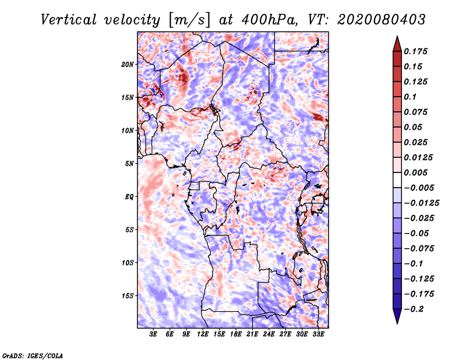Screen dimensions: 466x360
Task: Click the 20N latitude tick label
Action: (x=128, y=65)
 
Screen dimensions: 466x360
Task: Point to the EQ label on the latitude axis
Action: (x=129, y=197)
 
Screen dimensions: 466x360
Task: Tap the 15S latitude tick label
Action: (x=128, y=296)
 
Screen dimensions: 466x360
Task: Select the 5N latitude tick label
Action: (x=129, y=164)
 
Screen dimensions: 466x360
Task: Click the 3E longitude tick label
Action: (x=153, y=334)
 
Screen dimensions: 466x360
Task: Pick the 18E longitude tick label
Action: (x=236, y=334)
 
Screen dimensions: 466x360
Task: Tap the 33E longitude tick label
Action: (x=318, y=334)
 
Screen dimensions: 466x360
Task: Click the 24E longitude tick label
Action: (x=269, y=334)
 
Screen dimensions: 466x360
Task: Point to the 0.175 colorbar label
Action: (x=415, y=51)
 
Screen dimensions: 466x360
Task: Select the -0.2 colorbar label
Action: (x=414, y=309)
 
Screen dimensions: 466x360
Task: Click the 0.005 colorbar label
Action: (x=415, y=172)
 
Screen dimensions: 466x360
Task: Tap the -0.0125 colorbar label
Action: (x=421, y=203)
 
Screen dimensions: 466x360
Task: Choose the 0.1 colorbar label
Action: (x=410, y=97)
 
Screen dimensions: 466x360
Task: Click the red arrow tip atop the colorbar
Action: (x=397, y=36)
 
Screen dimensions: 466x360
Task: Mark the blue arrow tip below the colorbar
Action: (x=397, y=323)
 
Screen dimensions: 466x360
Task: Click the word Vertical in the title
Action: (x=69, y=20)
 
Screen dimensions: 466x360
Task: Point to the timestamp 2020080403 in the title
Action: (x=382, y=20)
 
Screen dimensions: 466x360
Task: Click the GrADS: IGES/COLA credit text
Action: (x=33, y=355)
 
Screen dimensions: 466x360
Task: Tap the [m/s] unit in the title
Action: (x=189, y=20)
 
